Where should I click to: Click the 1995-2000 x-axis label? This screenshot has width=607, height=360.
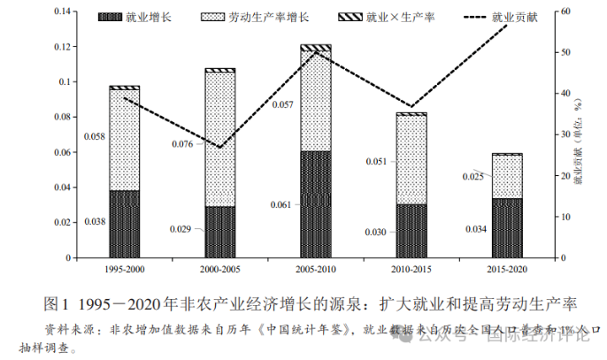125,267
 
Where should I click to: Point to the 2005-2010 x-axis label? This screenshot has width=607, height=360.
316,267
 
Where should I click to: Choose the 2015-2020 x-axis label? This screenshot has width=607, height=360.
507,267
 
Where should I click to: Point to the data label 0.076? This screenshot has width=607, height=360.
182,143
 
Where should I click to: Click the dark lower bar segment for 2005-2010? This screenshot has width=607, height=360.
316,204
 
